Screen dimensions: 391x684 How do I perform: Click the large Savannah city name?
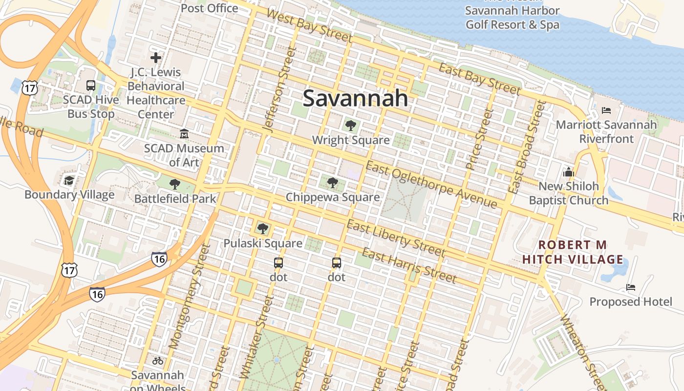[355, 98]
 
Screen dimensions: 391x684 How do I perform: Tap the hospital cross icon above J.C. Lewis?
[156, 58]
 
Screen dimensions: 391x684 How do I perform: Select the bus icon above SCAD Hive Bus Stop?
[91, 86]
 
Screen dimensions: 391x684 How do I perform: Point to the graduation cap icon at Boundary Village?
[69, 180]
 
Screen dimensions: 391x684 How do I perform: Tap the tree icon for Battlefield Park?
[174, 184]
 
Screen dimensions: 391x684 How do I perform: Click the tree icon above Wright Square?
[350, 126]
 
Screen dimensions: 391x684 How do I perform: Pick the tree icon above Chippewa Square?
[333, 183]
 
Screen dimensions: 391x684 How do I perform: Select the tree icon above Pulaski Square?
[263, 228]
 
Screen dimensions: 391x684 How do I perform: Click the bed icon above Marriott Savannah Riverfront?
[606, 110]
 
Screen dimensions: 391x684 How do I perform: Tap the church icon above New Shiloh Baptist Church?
[568, 172]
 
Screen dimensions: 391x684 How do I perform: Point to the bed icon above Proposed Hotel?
[631, 287]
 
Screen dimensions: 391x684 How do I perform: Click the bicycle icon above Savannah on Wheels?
[157, 361]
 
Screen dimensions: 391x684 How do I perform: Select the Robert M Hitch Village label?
[573, 252]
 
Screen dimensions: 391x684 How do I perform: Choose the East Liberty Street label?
[396, 239]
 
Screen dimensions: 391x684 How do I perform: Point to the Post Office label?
[210, 8]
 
